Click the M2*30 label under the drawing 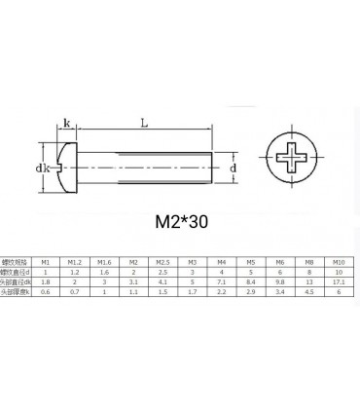181,221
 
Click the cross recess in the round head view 296,156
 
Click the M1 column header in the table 44,262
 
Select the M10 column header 338,262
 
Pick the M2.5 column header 162,262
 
